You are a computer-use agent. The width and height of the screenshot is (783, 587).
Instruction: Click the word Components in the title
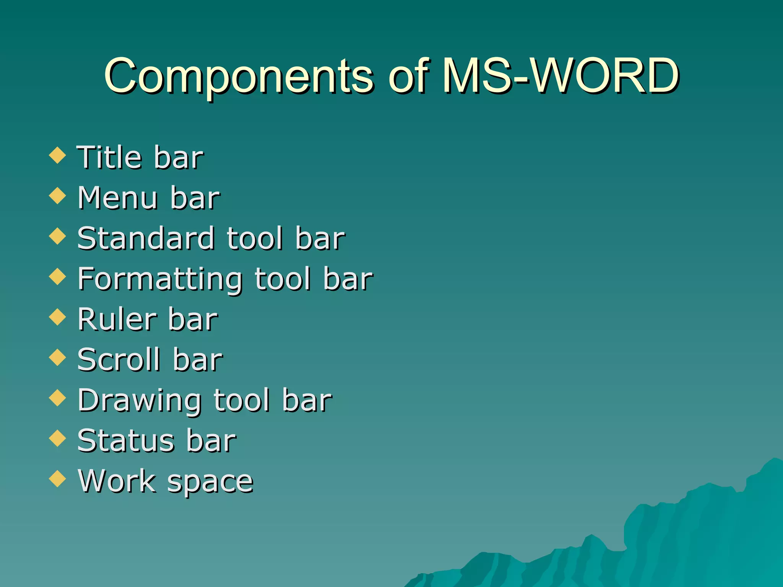pos(239,76)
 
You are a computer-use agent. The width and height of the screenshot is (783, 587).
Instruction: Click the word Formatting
pos(160,279)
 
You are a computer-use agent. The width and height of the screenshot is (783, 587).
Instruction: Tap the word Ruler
pos(117,319)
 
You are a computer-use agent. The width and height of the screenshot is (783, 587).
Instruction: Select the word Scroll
pos(119,360)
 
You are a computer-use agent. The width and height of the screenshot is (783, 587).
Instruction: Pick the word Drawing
pos(139,401)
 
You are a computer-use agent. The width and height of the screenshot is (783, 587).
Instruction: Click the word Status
pos(126,441)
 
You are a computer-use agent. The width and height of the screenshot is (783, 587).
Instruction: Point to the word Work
pos(117,481)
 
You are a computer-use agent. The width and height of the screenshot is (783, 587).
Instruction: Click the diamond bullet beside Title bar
pos(58,156)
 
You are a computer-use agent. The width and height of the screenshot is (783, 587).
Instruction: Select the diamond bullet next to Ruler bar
pos(58,317)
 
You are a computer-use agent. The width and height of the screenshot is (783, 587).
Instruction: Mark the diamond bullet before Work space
pos(58,479)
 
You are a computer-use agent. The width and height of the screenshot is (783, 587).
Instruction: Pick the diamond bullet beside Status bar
pos(58,438)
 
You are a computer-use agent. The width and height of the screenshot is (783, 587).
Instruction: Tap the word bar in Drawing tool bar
pos(307,400)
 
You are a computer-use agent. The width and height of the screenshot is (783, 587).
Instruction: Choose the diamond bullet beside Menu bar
pos(58,196)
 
